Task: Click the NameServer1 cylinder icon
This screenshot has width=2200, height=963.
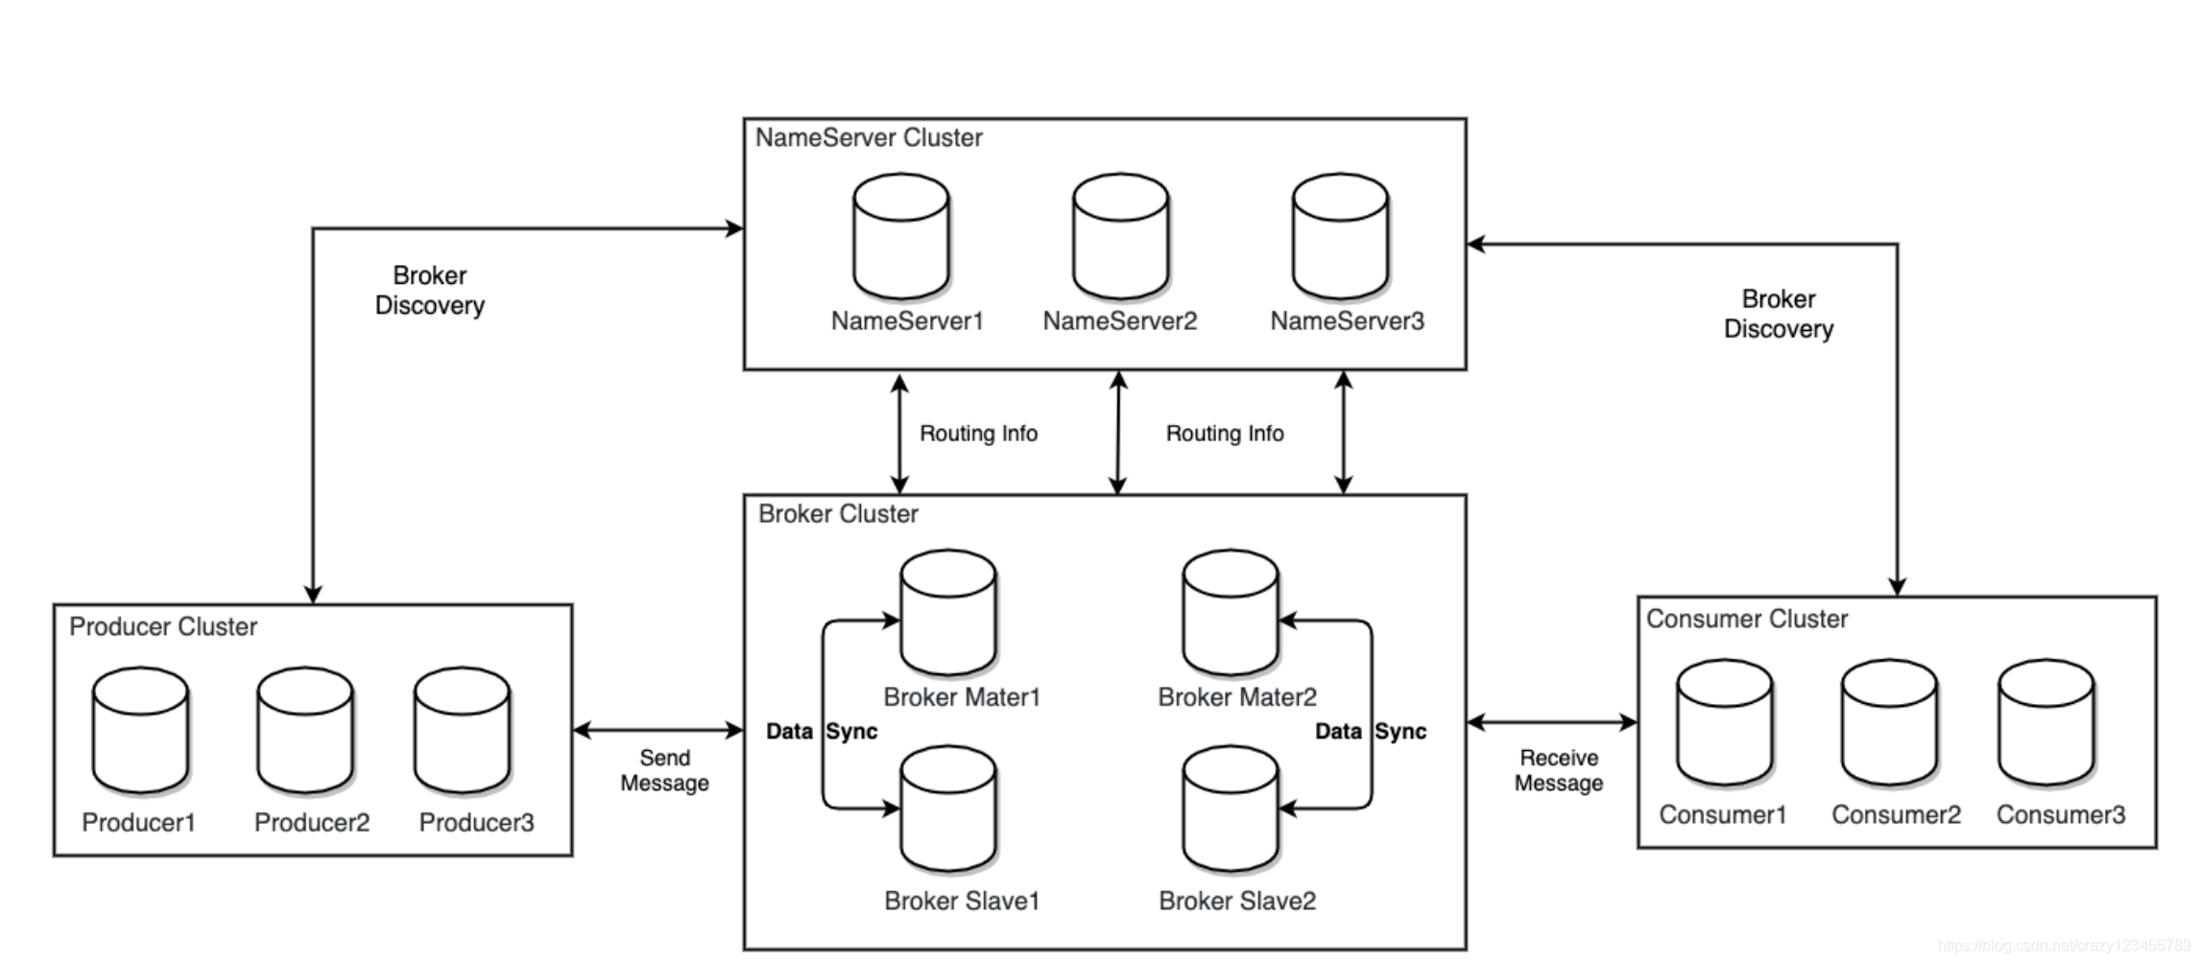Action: (901, 236)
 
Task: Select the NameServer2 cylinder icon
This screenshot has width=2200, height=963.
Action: (1120, 236)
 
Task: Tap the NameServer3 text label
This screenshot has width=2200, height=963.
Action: (1347, 321)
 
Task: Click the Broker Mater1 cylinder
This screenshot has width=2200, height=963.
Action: (948, 612)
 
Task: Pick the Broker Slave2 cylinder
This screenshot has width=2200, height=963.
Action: (1231, 810)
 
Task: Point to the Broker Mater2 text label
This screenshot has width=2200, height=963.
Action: (1237, 697)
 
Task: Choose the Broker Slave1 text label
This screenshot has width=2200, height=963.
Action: (962, 901)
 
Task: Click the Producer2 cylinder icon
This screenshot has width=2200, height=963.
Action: (305, 731)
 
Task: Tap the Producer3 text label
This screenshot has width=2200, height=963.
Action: (476, 822)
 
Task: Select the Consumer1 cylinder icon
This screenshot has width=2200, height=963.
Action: (1724, 722)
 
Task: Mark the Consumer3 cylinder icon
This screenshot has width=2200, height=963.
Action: (2045, 722)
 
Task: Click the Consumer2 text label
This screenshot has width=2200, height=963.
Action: (1896, 814)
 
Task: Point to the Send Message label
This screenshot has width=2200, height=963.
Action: (664, 770)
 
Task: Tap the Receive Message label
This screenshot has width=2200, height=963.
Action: (1559, 770)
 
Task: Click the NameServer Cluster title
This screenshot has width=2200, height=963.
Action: (869, 138)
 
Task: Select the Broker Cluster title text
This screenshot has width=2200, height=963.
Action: (838, 514)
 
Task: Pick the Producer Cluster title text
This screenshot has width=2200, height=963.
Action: (163, 627)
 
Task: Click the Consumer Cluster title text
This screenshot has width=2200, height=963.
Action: (1747, 620)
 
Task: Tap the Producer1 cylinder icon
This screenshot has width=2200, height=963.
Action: (140, 731)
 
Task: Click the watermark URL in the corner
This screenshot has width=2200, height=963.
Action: (2064, 946)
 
